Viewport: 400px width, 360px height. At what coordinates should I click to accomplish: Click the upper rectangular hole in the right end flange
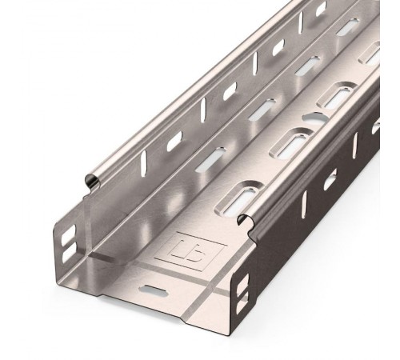(243, 281)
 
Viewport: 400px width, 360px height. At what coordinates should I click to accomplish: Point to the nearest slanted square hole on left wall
(174, 142)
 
